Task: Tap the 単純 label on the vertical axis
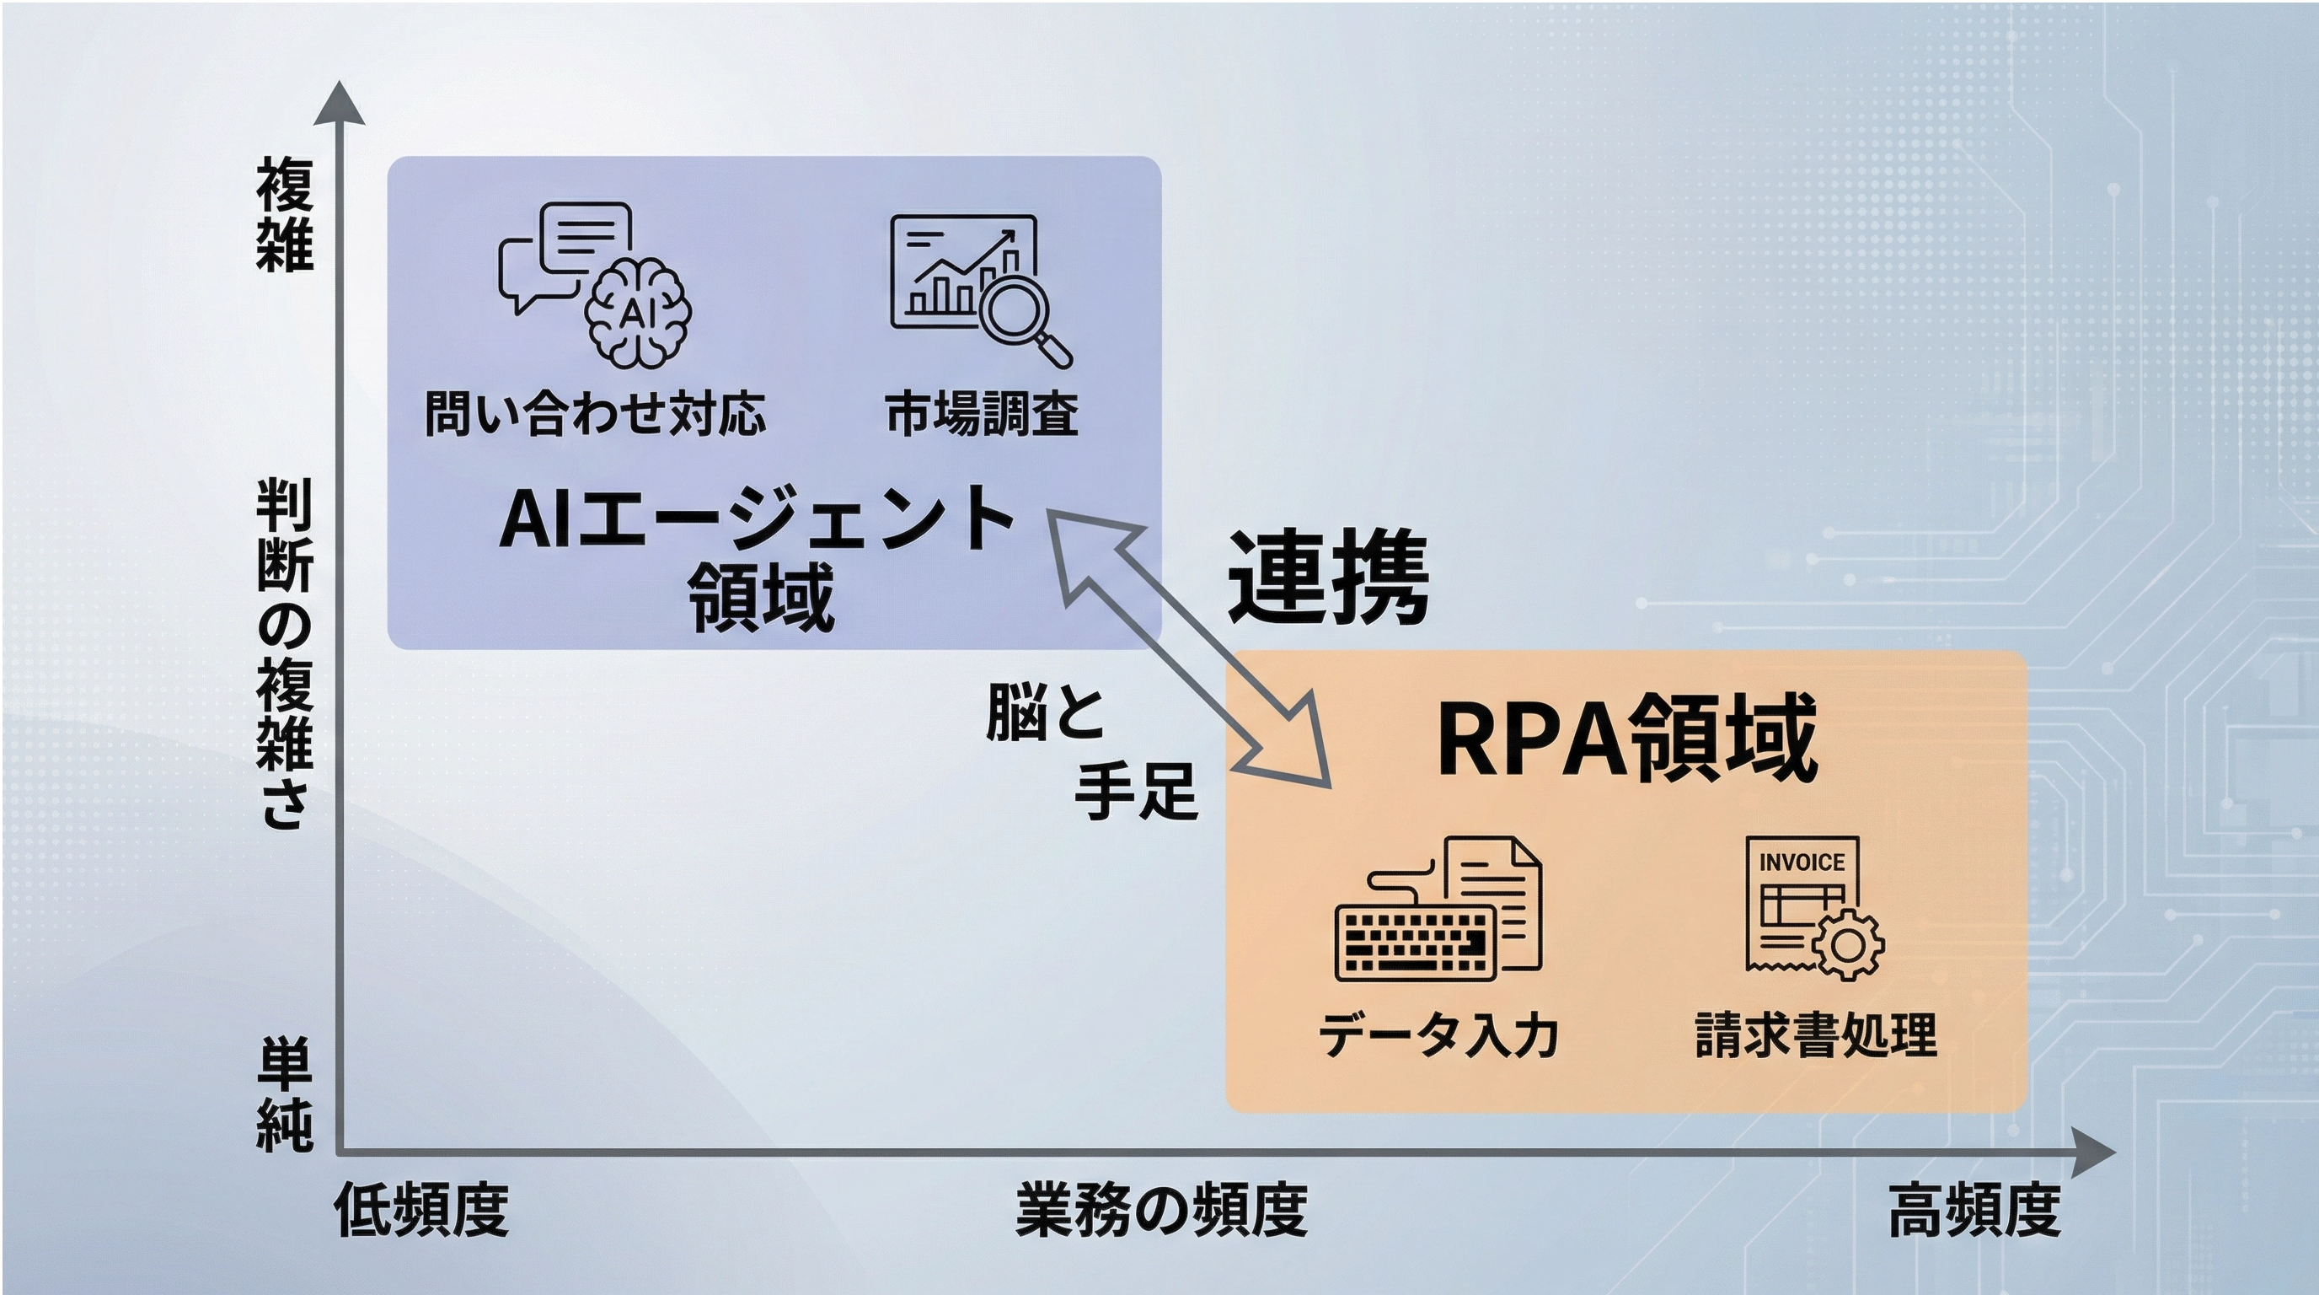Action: click(x=285, y=1094)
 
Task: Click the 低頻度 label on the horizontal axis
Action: click(x=421, y=1211)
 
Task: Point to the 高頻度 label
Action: click(x=1974, y=1211)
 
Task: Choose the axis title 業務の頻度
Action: click(x=1161, y=1211)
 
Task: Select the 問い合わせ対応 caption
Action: click(x=595, y=414)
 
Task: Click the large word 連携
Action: click(x=1328, y=577)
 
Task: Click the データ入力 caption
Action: click(x=1438, y=1035)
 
